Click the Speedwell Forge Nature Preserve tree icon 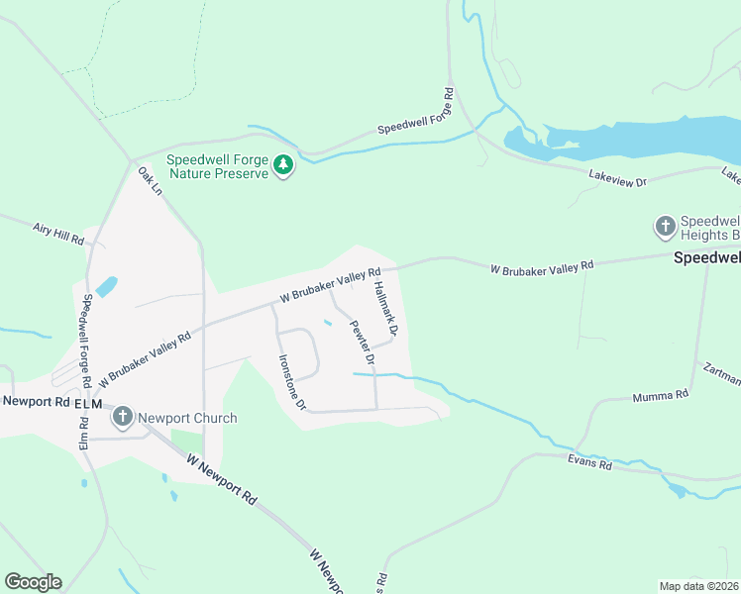(x=284, y=165)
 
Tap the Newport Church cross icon (x=123, y=417)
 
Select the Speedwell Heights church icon (x=665, y=227)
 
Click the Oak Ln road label (x=150, y=181)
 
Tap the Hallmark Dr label (x=386, y=308)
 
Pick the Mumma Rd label (x=660, y=397)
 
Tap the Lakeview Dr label (x=616, y=182)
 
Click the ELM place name (x=87, y=403)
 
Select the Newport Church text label (x=187, y=418)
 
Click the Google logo (x=33, y=582)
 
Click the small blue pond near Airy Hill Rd (x=107, y=287)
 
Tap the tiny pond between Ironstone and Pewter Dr (x=327, y=322)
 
